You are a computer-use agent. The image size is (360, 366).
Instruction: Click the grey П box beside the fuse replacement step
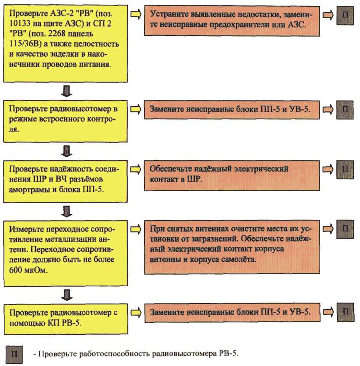point(345,15)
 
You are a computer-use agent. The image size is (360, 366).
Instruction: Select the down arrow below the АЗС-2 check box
point(67,91)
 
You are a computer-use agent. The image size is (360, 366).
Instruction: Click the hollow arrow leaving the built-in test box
point(135,109)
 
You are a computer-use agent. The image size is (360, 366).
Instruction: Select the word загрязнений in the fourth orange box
point(214,239)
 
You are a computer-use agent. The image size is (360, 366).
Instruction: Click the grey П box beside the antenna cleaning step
point(345,229)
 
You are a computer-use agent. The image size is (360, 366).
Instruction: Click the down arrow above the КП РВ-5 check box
point(67,295)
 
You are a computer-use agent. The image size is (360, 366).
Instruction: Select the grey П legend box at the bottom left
point(14,354)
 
